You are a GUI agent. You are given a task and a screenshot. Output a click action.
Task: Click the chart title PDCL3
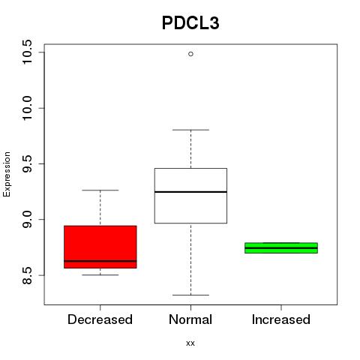pyautogui.click(x=190, y=23)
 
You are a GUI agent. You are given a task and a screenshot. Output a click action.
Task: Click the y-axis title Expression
pyautogui.click(x=7, y=174)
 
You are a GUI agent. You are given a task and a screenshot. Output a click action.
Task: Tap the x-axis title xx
pyautogui.click(x=190, y=343)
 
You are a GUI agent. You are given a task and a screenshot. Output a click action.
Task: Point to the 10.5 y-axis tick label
pyautogui.click(x=27, y=52)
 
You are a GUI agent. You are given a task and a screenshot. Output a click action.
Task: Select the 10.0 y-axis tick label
pyautogui.click(x=27, y=108)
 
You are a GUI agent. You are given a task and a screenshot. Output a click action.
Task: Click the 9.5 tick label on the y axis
pyautogui.click(x=27, y=163)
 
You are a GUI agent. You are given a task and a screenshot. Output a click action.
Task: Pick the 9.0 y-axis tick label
pyautogui.click(x=27, y=220)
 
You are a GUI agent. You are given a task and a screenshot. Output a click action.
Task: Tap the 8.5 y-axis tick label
pyautogui.click(x=27, y=275)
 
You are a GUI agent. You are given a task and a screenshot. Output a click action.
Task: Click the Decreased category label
pyautogui.click(x=100, y=319)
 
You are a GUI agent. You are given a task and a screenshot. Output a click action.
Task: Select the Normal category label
pyautogui.click(x=190, y=319)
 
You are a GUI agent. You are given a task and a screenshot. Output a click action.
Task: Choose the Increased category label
pyautogui.click(x=281, y=319)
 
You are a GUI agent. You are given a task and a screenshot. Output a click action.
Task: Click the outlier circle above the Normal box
pyautogui.click(x=190, y=54)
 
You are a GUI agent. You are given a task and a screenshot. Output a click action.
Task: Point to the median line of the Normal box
pyautogui.click(x=190, y=192)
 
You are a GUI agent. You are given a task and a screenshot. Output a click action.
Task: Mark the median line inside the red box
pyautogui.click(x=100, y=261)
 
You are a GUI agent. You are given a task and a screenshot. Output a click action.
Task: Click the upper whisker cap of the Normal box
pyautogui.click(x=190, y=130)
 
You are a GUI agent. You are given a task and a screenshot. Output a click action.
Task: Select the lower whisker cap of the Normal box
pyautogui.click(x=190, y=295)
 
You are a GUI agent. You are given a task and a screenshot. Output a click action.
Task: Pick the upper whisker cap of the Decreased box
pyautogui.click(x=100, y=190)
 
